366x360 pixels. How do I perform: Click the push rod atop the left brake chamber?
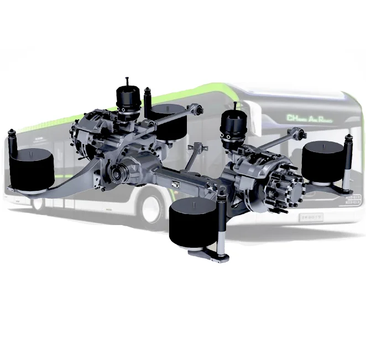(x=127, y=81)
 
